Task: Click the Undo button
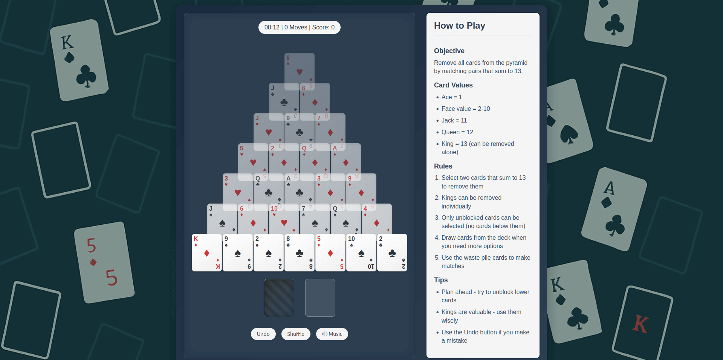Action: (x=263, y=334)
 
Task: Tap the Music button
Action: (x=332, y=334)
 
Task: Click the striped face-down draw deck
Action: (x=279, y=298)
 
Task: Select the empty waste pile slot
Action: (x=320, y=298)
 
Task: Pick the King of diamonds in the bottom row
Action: (x=207, y=253)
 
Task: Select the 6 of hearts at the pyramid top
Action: (x=299, y=70)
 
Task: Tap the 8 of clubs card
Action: (x=300, y=253)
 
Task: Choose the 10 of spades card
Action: (x=361, y=253)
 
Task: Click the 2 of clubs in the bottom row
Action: (x=392, y=253)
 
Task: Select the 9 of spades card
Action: (x=238, y=253)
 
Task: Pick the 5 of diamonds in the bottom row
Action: (x=330, y=253)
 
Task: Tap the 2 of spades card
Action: (x=269, y=253)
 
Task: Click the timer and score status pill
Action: (x=299, y=27)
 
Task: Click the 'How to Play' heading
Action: (x=459, y=26)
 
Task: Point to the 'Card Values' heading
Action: (x=453, y=85)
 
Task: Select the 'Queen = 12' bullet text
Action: (x=457, y=132)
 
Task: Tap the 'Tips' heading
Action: (x=440, y=280)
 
